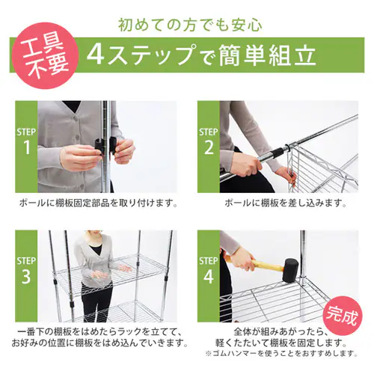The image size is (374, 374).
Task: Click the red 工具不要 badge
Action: point(42,57)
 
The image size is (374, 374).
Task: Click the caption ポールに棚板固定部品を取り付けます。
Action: point(96,203)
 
